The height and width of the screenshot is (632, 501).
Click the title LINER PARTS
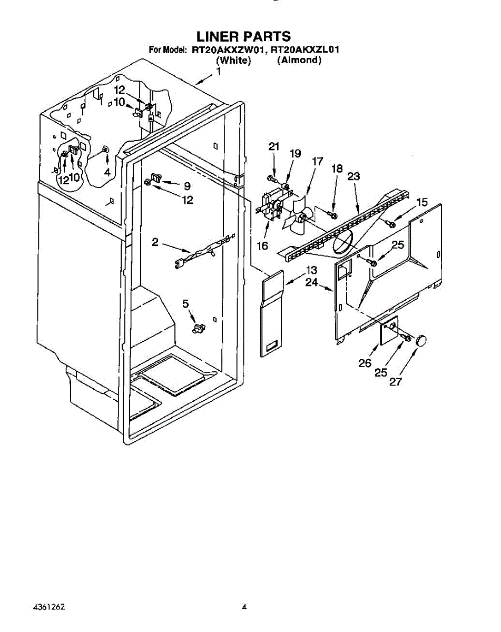tap(243, 37)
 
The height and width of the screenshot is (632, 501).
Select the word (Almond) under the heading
tap(299, 60)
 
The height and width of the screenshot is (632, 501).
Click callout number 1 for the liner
tap(218, 71)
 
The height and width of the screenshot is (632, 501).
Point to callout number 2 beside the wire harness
tap(155, 242)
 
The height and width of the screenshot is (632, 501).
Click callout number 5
tap(185, 304)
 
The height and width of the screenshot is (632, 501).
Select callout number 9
tap(187, 186)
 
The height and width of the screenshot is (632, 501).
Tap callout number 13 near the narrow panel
tap(311, 270)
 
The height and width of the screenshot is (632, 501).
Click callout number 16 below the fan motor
tap(262, 245)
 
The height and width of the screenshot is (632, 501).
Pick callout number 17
tap(317, 161)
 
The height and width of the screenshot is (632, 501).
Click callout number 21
tap(274, 146)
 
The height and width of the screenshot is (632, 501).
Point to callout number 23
tap(353, 176)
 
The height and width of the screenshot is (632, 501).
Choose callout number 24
tap(311, 282)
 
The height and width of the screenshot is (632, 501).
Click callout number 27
tap(396, 382)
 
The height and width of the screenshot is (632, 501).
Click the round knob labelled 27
tap(420, 340)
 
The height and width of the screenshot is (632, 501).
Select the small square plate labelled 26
tap(389, 330)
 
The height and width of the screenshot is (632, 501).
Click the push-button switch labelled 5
tap(199, 328)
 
